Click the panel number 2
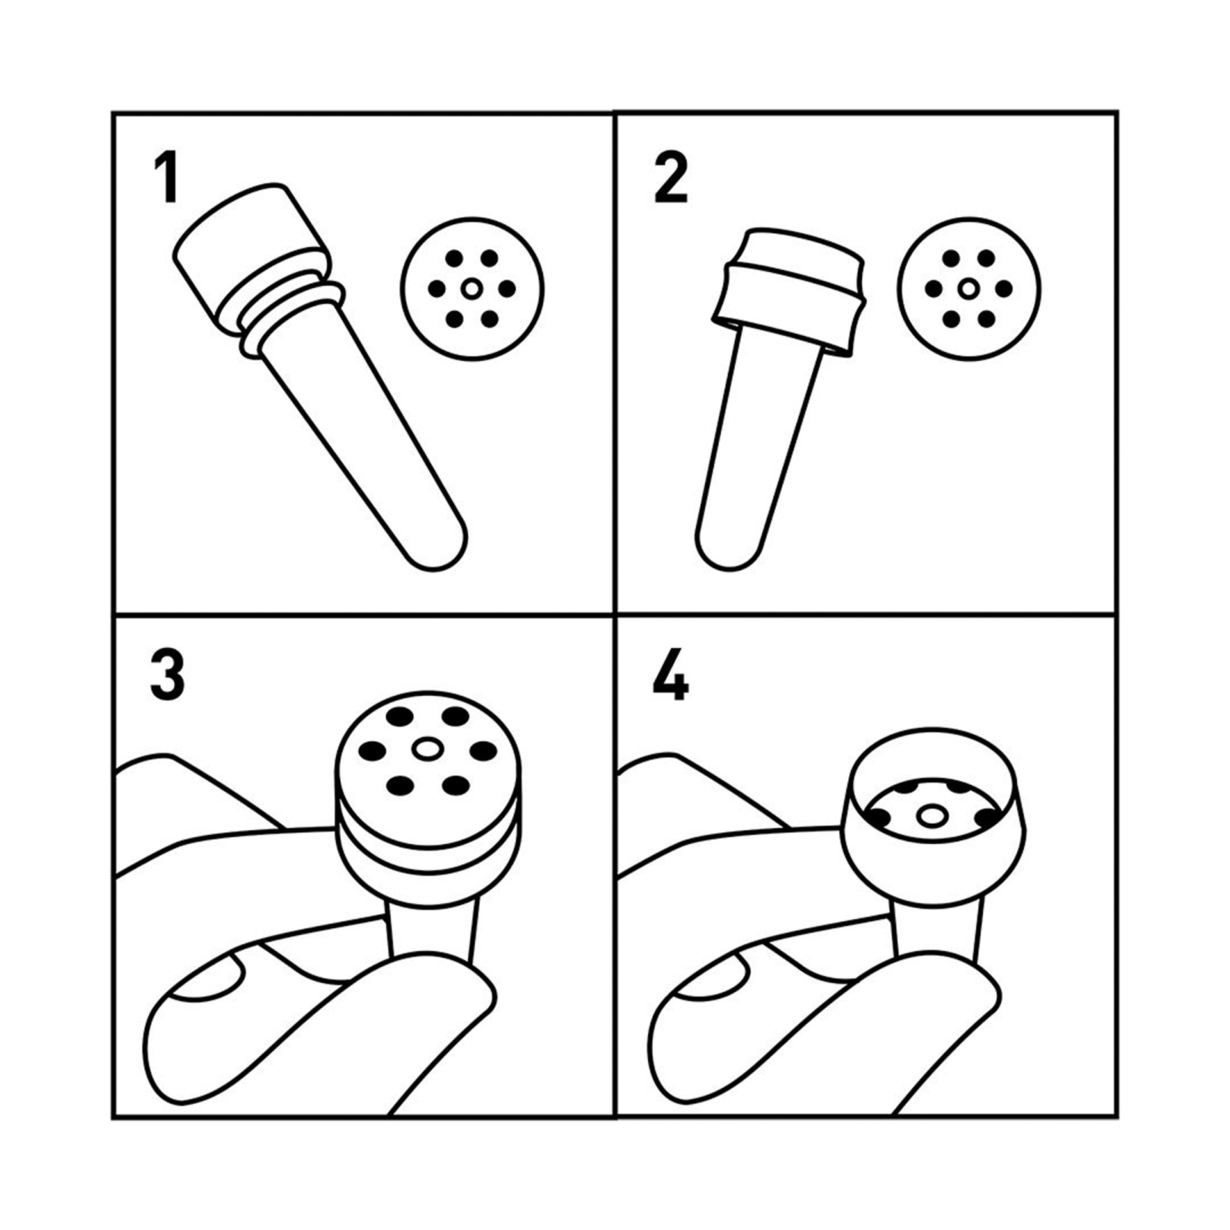671,177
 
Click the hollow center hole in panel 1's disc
472,289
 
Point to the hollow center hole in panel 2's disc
969,289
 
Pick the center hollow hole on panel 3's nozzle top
427,748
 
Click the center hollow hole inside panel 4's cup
931,816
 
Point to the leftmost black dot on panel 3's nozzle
372,751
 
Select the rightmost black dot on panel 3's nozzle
483,750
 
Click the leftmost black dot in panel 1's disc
437,289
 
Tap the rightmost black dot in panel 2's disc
1004,289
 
